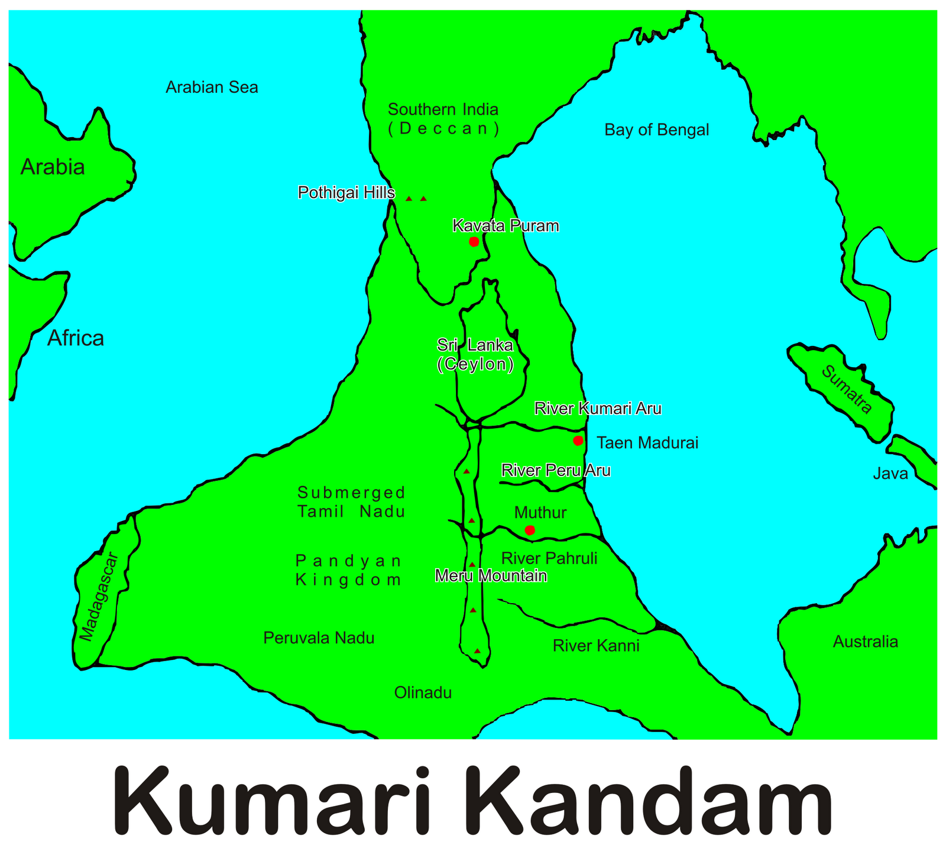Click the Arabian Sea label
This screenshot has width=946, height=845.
click(212, 88)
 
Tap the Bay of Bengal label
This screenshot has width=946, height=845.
click(656, 130)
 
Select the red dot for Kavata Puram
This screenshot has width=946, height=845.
click(474, 241)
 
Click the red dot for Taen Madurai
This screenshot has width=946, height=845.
click(578, 441)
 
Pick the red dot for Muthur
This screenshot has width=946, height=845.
click(530, 530)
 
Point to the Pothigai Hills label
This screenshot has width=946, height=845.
click(346, 193)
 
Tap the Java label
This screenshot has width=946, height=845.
click(890, 474)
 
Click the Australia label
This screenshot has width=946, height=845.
click(865, 642)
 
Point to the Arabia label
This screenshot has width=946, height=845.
click(53, 167)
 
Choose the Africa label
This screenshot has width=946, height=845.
click(76, 338)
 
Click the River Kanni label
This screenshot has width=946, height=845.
click(596, 646)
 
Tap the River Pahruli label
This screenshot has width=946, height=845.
click(549, 558)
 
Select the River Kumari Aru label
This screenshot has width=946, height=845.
click(598, 408)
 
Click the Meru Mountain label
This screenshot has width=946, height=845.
click(491, 575)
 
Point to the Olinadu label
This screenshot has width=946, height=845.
click(423, 692)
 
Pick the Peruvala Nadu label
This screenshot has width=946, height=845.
click(319, 638)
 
